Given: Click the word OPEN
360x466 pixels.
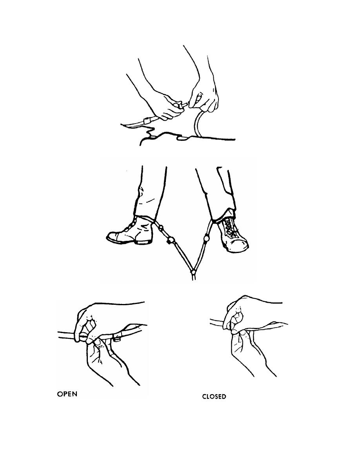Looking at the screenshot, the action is [x=67, y=394].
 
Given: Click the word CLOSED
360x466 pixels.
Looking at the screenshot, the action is [x=214, y=397].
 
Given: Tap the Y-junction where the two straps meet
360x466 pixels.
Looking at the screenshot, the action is [x=193, y=271].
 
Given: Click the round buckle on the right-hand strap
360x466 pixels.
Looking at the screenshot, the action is [x=205, y=238].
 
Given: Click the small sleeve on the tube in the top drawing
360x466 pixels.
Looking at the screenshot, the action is [x=147, y=121].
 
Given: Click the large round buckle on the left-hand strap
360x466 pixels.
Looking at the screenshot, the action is [x=171, y=240].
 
